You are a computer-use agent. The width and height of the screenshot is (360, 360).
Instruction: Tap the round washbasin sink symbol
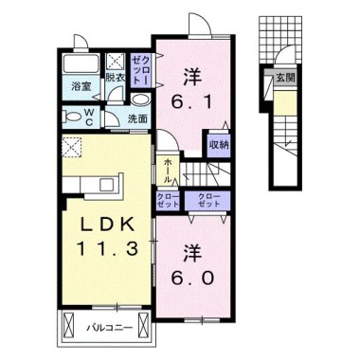tap(140, 101)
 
